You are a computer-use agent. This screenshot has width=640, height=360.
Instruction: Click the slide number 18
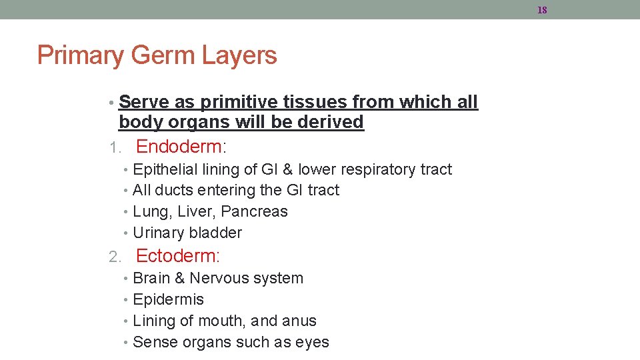pos(541,10)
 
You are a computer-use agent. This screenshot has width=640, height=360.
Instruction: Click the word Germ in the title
pos(151,55)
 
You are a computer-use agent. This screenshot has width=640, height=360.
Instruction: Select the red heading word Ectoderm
pos(177,255)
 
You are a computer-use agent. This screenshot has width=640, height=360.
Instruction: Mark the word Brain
pos(151,278)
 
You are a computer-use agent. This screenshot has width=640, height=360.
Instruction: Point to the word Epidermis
pos(169,299)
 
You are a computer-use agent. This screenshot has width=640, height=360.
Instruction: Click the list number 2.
pos(114,257)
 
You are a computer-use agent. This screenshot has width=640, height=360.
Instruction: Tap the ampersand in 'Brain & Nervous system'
pos(179,278)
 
